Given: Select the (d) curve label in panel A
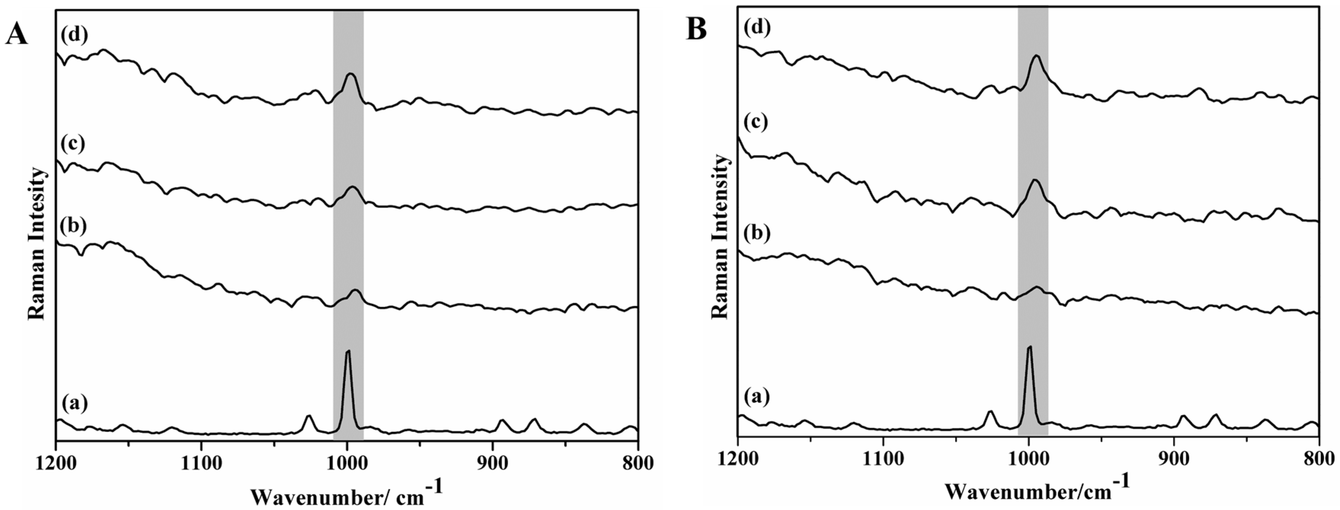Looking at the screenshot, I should pos(74,36).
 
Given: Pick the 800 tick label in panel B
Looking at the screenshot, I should pos(1319,459).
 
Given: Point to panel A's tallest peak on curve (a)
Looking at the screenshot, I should pos(348,351).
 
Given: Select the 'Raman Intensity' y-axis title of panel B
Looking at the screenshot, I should pos(720,237).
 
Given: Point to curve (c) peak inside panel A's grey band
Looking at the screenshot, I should pos(352,187).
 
